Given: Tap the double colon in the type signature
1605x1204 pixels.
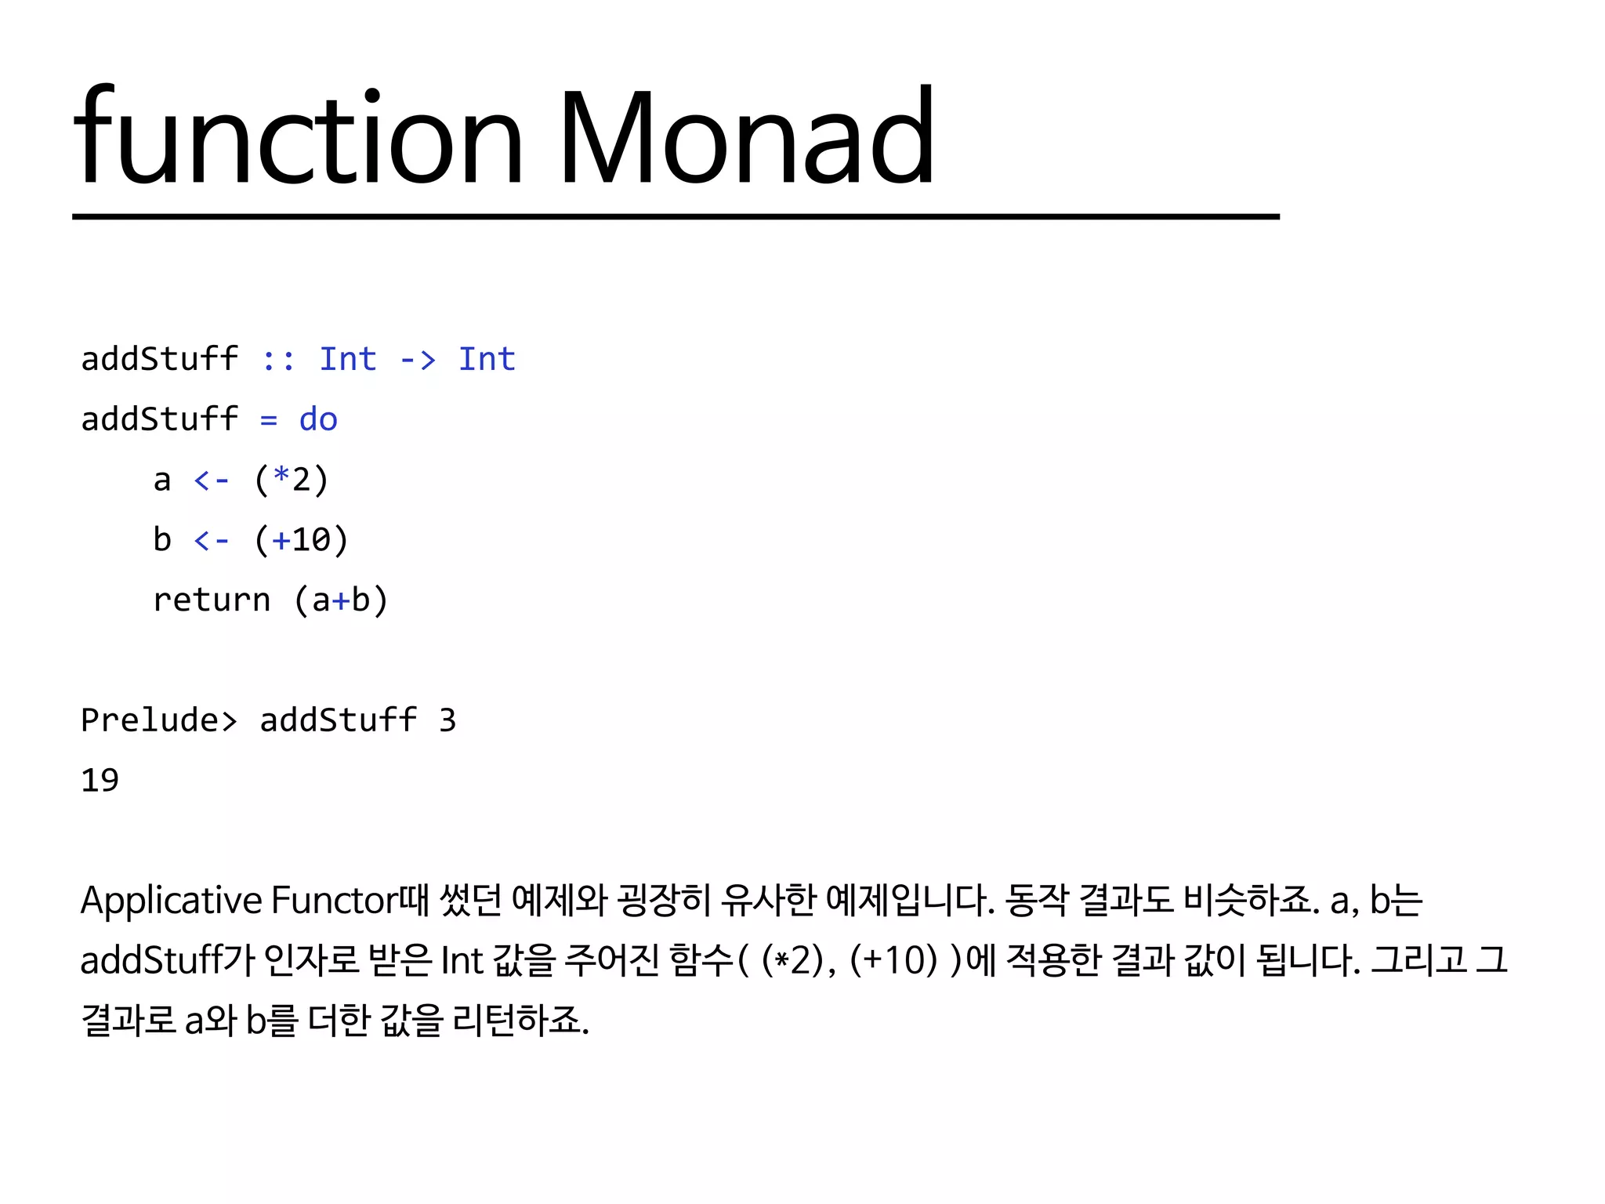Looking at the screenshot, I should pos(278,360).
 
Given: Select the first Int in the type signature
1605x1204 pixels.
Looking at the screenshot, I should pos(348,360).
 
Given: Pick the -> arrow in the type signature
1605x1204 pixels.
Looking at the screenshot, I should pos(418,360).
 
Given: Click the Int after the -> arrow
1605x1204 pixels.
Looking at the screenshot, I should pos(487,360).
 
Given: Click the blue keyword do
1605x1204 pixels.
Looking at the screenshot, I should pos(318,420).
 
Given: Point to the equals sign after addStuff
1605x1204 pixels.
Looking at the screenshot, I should pos(269,420).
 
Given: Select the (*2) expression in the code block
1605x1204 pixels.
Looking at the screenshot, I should pos(292,480).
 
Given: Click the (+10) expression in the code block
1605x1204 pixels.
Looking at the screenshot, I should pos(302,540).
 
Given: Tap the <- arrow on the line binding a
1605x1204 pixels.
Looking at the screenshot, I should pos(212,480).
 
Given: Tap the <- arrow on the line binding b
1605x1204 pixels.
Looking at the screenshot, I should pos(212,540).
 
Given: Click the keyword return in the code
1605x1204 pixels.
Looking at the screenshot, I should pos(212,600).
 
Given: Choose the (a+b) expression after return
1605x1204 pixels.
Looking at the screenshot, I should pos(341,600).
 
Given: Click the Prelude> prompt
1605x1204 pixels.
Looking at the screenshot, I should pos(159,720).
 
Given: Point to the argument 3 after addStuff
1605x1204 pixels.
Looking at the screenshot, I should pos(447,720).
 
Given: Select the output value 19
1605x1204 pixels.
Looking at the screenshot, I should pos(100,781).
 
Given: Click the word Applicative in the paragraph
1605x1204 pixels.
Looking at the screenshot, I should pos(172,900).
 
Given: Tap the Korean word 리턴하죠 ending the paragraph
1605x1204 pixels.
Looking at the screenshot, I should pos(520,1021).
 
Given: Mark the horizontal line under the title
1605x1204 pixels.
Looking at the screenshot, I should pos(676,216).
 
